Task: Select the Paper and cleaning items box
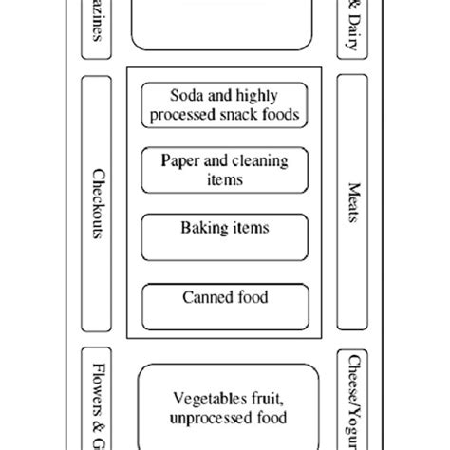point(225,170)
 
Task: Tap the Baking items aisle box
point(225,235)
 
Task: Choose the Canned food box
point(225,303)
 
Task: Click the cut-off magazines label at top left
point(99,28)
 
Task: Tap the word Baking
point(201,228)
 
